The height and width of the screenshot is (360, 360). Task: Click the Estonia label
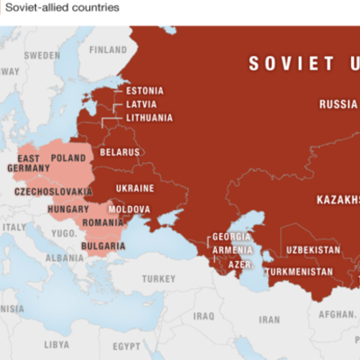144,91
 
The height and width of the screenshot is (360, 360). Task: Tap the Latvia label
141,103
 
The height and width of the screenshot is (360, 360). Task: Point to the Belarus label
121,152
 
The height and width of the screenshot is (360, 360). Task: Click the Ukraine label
136,189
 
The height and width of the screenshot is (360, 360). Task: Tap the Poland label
68,157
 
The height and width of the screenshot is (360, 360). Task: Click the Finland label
108,49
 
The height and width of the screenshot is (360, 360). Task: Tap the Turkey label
157,278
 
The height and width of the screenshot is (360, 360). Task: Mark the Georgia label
229,238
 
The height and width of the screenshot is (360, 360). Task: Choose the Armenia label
232,251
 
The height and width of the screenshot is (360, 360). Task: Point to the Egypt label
127,345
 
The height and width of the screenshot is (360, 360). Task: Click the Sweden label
41,55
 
